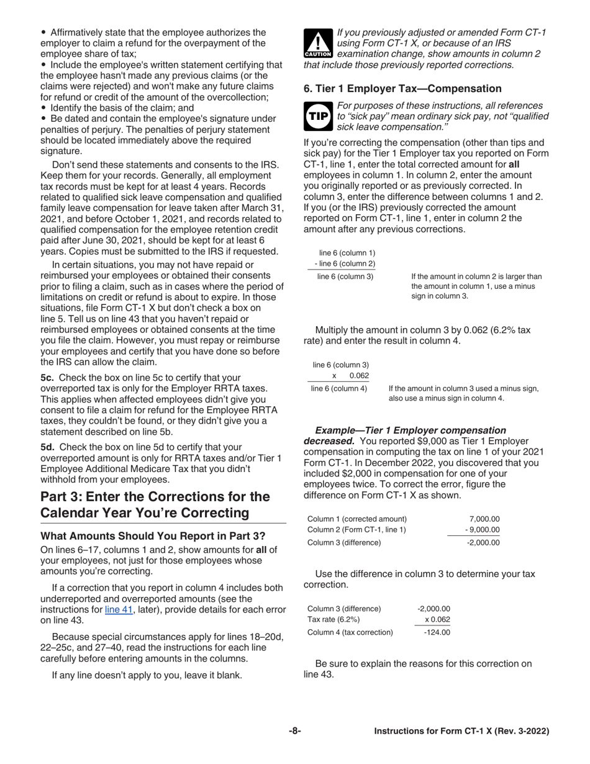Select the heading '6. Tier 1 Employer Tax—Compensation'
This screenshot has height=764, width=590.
pos(402,89)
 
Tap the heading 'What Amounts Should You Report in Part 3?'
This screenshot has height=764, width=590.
pos(153,536)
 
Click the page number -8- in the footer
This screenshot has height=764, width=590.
pos(294,731)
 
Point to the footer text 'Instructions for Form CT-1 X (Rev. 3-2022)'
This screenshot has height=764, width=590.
pos(461,732)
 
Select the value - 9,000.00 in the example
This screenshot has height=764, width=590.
pos(483,530)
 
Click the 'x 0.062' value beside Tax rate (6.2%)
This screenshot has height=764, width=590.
pos(437,619)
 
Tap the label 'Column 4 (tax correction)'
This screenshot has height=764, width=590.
pos(350,632)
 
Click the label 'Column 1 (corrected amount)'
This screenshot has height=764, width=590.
pos(357,519)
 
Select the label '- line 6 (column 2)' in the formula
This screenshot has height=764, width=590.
pos(345,264)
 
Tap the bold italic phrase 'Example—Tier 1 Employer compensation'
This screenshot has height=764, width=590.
pos(411,430)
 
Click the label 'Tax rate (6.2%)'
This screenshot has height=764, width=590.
pos(334,620)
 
